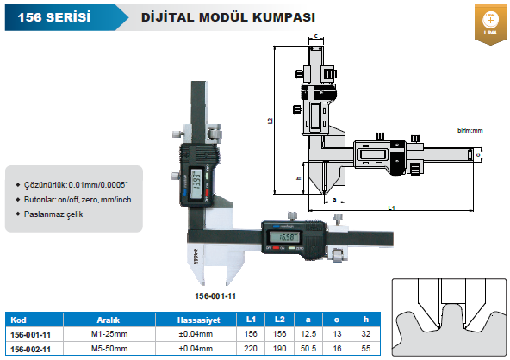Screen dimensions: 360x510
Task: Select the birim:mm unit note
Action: [470, 130]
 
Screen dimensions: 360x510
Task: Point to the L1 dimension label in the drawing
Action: [391, 208]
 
